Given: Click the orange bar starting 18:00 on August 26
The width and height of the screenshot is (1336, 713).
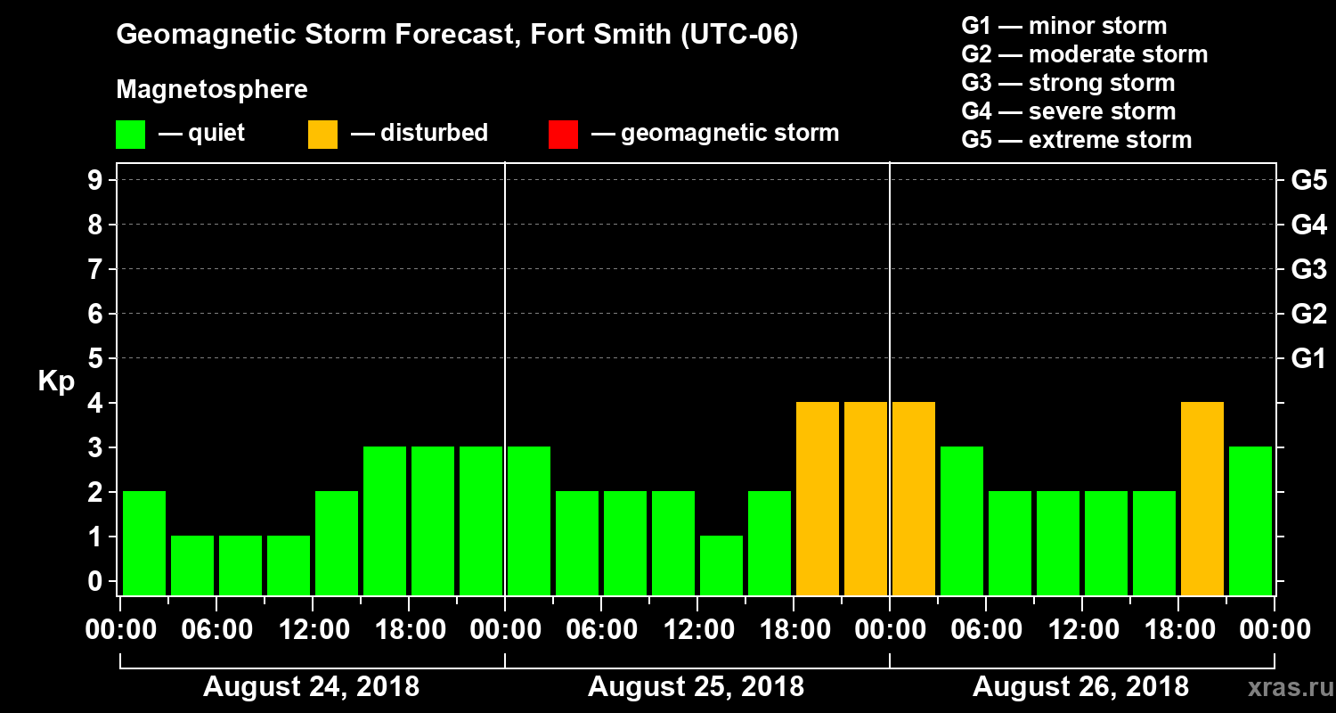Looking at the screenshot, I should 1202,498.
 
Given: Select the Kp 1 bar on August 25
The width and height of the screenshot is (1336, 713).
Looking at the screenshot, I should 721,565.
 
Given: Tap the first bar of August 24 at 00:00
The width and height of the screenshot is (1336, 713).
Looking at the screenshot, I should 144,543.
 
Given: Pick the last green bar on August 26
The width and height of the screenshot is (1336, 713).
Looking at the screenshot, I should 1250,520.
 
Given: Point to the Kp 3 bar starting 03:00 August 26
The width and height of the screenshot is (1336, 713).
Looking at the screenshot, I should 962,520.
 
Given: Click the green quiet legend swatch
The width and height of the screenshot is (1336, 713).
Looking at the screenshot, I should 130,134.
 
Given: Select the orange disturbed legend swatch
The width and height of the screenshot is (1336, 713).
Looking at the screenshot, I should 322,134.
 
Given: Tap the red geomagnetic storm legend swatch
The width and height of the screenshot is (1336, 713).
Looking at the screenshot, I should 563,134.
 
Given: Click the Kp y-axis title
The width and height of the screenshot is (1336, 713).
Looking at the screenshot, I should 56,381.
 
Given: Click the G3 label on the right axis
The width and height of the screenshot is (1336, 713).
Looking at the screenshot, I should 1308,269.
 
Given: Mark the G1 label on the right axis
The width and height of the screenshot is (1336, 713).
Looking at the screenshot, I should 1308,358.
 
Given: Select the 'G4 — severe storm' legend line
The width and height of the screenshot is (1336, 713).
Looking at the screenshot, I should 1069,111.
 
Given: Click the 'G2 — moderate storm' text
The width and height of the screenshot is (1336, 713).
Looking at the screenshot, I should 1085,54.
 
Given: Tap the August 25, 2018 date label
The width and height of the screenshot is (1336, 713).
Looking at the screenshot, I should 696,687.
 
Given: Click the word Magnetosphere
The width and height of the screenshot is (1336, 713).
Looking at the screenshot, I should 212,90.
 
